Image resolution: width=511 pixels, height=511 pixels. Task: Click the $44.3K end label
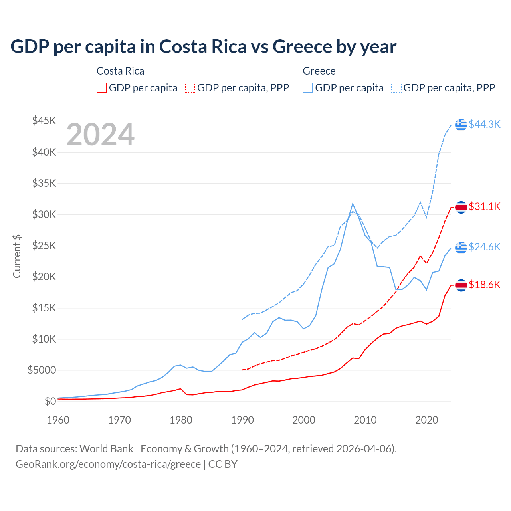484,125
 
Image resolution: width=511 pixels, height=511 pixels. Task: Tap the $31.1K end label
484,206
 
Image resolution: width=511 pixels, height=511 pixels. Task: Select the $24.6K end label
484,247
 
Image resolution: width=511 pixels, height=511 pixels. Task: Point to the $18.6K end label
484,285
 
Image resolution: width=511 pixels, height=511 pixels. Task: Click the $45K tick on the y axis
44,121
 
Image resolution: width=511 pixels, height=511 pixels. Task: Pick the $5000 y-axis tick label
42,370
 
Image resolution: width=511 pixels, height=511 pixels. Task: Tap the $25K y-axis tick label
44,246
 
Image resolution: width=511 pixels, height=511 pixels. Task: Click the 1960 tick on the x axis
58,420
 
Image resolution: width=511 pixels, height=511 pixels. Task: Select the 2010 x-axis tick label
365,420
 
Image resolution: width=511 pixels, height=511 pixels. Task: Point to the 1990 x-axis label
242,420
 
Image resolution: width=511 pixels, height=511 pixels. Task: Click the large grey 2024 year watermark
100,135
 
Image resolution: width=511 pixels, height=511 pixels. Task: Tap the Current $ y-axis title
17,256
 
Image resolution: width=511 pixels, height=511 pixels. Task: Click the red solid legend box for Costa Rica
102,88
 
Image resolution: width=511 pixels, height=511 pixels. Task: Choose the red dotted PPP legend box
190,88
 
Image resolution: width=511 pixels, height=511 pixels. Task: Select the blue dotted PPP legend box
396,88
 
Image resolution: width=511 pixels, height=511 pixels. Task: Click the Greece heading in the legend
319,71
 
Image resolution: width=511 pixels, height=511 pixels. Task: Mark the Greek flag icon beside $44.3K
461,125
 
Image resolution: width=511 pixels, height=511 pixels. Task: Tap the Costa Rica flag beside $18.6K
461,285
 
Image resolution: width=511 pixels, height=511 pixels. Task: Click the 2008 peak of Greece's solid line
353,204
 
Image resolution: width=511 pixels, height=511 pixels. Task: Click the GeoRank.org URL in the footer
108,464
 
